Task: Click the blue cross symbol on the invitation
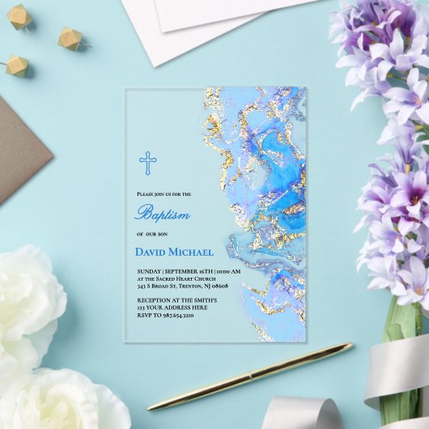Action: (147, 163)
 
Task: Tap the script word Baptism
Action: (163, 214)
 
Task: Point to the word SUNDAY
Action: (149, 270)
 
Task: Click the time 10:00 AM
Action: (229, 270)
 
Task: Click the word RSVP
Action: (144, 316)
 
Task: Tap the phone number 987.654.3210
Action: (177, 316)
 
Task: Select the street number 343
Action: (142, 286)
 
